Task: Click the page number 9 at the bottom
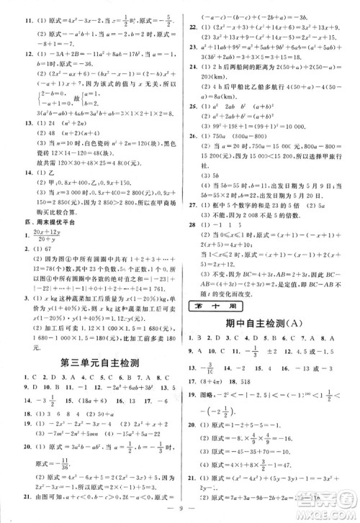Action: pos(179,511)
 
